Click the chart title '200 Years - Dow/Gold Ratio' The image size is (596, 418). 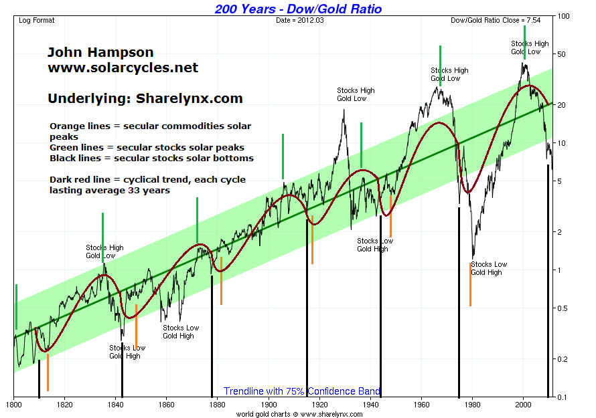click(298, 9)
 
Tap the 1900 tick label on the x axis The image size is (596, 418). click(269, 405)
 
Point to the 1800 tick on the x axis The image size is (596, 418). click(14, 405)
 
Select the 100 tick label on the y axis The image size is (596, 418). click(564, 16)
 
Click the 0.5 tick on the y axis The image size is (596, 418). click(564, 308)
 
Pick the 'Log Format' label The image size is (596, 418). click(37, 20)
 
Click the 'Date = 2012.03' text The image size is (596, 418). click(299, 20)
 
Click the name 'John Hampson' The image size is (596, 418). click(100, 52)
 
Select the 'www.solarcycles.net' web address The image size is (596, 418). click(123, 68)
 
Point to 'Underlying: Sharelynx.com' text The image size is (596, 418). click(145, 98)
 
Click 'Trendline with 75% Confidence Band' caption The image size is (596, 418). click(302, 391)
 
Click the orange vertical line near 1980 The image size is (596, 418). click(471, 284)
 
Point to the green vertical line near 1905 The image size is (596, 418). click(283, 156)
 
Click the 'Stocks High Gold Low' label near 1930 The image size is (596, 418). click(356, 94)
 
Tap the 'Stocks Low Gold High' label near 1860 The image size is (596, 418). click(181, 332)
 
